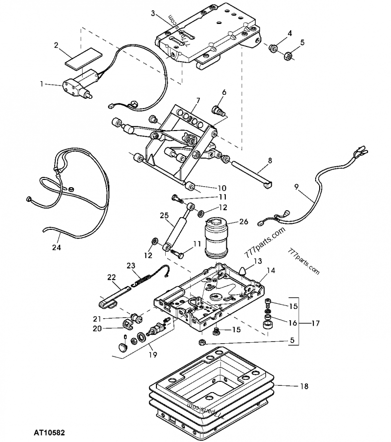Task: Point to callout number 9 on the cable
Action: click(x=296, y=186)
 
